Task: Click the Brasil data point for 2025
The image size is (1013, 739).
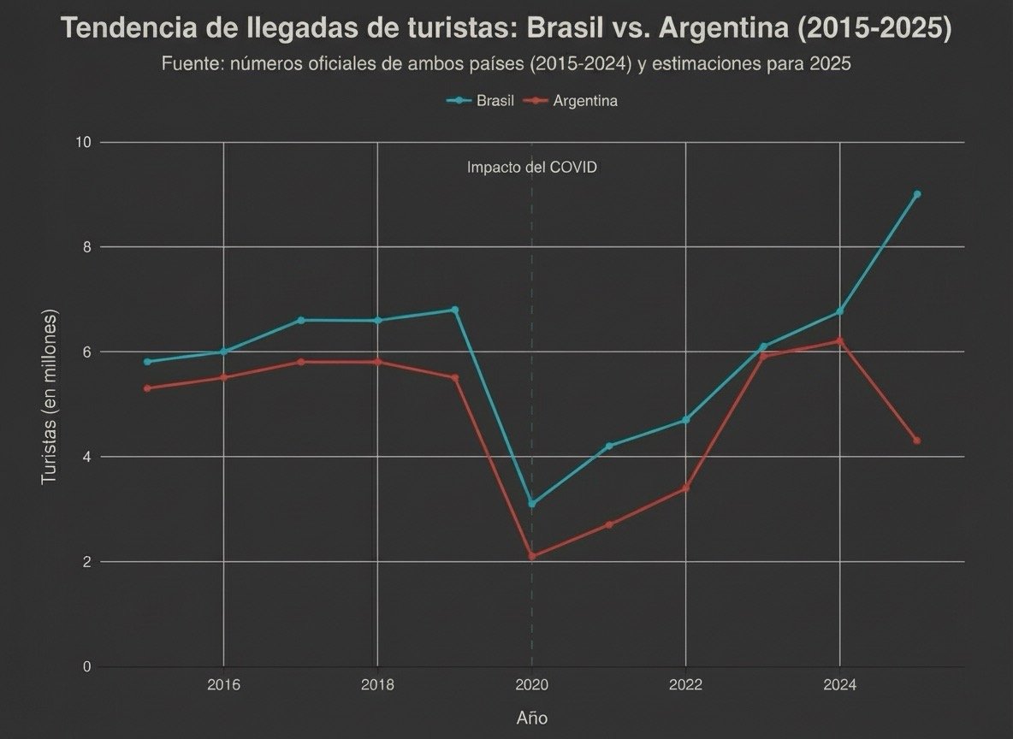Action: point(916,194)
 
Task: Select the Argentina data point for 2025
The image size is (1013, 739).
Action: point(916,440)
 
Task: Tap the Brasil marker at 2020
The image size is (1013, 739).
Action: point(532,504)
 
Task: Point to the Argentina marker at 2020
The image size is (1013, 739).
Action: point(532,556)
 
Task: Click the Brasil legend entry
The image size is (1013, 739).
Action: point(480,101)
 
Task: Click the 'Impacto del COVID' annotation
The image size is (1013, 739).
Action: point(531,168)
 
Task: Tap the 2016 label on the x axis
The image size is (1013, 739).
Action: point(223,685)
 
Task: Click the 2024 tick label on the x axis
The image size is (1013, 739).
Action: point(839,685)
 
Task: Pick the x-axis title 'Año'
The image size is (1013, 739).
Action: point(531,718)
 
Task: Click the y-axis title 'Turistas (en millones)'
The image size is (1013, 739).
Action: point(50,399)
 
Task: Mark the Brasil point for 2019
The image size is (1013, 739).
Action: point(455,310)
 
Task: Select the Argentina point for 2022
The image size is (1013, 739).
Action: point(685,488)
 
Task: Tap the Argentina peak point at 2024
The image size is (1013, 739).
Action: point(839,340)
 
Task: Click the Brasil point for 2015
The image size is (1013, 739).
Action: point(147,362)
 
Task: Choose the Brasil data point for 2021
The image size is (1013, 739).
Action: point(608,446)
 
